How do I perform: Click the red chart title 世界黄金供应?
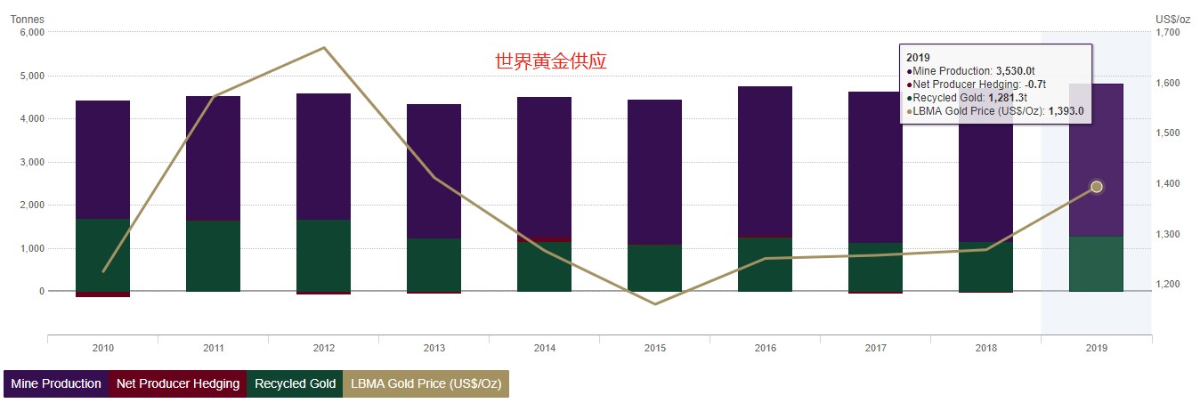point(551,61)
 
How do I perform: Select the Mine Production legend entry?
point(56,383)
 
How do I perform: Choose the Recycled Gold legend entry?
point(295,383)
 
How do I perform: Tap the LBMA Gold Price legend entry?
point(426,383)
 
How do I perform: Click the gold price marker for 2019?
point(1097,187)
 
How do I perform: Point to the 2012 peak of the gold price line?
point(324,48)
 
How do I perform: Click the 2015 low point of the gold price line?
point(655,304)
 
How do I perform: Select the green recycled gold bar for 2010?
point(103,254)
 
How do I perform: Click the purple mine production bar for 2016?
point(766,160)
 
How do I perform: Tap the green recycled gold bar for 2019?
point(1097,263)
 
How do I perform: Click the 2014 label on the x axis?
point(545,349)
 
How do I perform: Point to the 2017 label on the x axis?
point(876,349)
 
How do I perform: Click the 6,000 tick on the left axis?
point(31,33)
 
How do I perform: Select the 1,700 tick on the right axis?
point(1167,33)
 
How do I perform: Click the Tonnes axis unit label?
point(27,19)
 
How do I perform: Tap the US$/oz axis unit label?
point(1172,19)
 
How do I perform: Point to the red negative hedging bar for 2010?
point(103,294)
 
